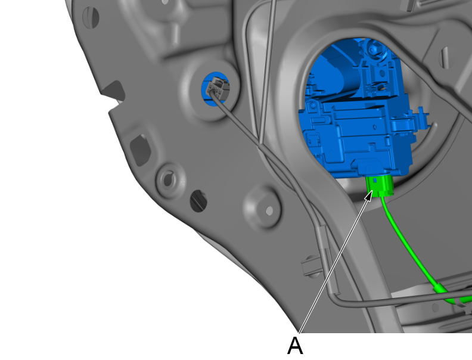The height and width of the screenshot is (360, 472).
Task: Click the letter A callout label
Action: [x=295, y=346]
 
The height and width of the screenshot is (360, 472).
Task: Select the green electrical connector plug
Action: [x=379, y=185]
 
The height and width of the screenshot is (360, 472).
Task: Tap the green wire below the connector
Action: [x=409, y=247]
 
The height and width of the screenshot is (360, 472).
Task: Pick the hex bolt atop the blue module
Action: [x=372, y=48]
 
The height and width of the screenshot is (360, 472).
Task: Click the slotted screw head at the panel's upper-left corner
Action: [x=91, y=17]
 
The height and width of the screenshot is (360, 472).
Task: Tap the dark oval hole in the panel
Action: [x=198, y=201]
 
